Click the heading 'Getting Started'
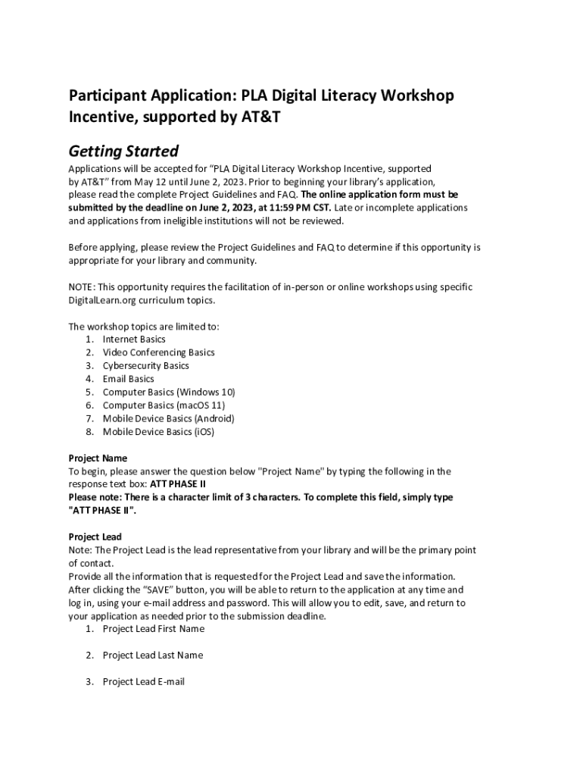pyautogui.click(x=123, y=151)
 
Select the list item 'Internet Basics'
pyautogui.click(x=134, y=339)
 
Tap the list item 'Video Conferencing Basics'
pyautogui.click(x=158, y=352)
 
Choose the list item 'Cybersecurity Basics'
pyautogui.click(x=145, y=365)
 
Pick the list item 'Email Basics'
pyautogui.click(x=128, y=379)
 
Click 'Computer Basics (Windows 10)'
pyautogui.click(x=169, y=392)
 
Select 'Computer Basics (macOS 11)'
pyautogui.click(x=164, y=405)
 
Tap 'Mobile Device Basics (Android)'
pyautogui.click(x=168, y=418)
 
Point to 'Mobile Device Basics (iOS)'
pyautogui.click(x=158, y=432)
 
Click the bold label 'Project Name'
pyautogui.click(x=98, y=458)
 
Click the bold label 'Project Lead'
pyautogui.click(x=95, y=537)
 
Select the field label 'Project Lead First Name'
pyautogui.click(x=154, y=629)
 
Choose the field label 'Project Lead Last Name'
pyautogui.click(x=153, y=656)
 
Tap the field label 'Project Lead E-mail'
pyautogui.click(x=144, y=682)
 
